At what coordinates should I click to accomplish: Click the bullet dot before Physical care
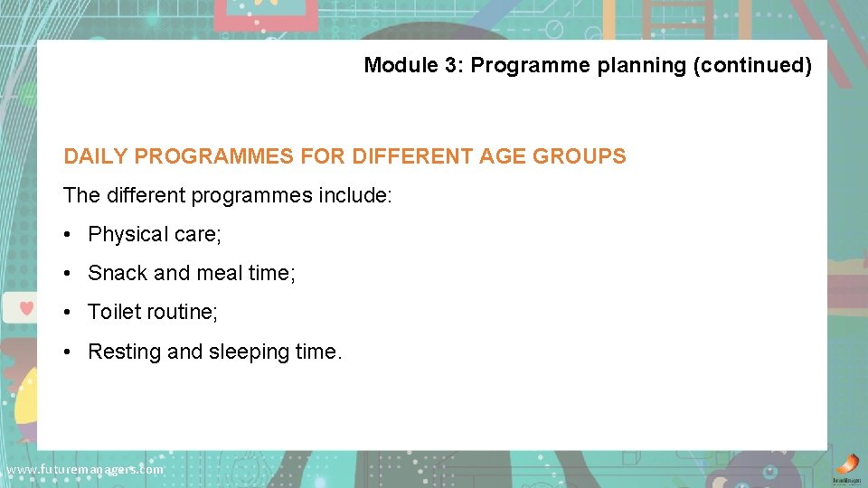click(x=69, y=235)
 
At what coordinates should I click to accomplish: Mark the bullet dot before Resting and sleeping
click(x=69, y=352)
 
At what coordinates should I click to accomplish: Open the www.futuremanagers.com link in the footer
click(x=84, y=470)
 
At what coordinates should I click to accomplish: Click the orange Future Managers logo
click(x=846, y=465)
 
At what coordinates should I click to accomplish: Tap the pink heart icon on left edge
click(x=26, y=308)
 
